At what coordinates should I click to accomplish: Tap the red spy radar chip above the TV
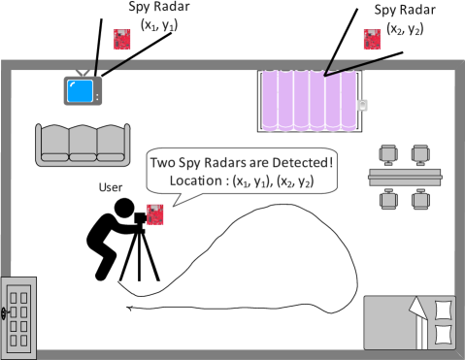pos(122,40)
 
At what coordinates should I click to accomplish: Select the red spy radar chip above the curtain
pos(371,39)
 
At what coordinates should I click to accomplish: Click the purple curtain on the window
pos(309,101)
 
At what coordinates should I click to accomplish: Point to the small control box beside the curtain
pos(364,106)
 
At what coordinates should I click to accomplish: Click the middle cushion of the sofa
pos(82,143)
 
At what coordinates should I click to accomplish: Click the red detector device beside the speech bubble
pos(153,213)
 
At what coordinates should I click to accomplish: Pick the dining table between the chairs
pos(404,177)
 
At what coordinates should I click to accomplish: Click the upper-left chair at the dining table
pos(388,154)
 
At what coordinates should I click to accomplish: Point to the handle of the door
pos(6,312)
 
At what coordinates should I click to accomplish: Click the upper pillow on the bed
pos(444,310)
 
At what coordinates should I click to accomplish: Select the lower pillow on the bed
pos(444,333)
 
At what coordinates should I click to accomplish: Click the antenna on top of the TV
pos(83,70)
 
